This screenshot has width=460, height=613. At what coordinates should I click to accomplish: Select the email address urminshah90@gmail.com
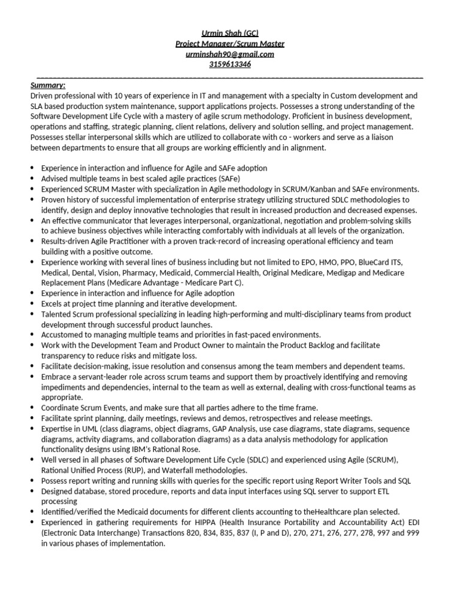coord(230,54)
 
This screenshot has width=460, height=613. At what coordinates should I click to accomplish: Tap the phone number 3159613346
coord(230,65)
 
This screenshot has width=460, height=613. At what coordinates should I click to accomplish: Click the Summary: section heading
coord(48,85)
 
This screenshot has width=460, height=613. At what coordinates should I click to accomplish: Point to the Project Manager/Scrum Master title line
coord(230,44)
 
